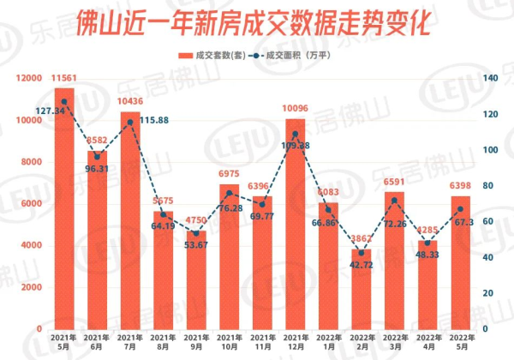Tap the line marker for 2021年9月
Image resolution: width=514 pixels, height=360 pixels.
[x=196, y=232]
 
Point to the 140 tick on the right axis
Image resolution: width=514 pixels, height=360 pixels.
[x=489, y=78]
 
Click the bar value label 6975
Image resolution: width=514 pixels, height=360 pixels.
[x=230, y=175]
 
